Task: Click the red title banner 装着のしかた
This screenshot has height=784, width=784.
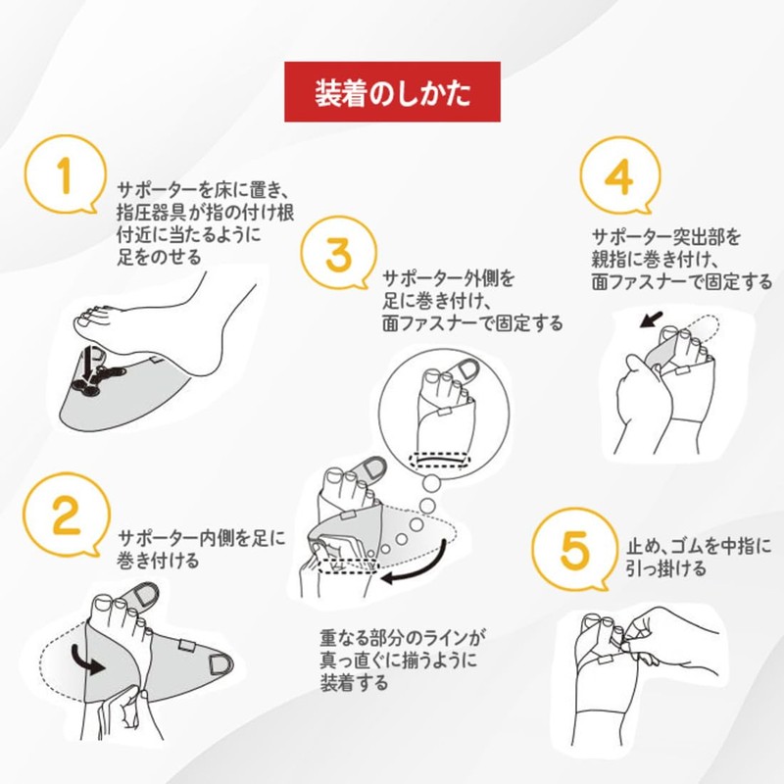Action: click(x=392, y=93)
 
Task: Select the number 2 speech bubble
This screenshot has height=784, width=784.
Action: click(x=65, y=518)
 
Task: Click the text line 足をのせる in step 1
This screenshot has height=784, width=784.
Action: click(x=159, y=257)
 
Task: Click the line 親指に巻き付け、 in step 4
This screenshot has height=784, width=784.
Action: click(x=656, y=260)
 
